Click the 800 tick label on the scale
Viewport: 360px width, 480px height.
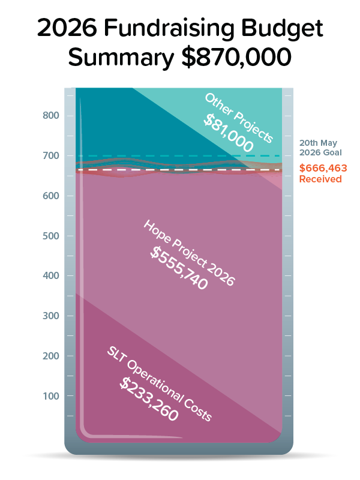coord(52,116)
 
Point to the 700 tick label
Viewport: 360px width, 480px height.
coord(52,156)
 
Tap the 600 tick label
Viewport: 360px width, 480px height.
coord(52,196)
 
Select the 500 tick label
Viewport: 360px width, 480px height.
coord(52,236)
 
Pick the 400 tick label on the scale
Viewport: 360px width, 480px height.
coord(52,276)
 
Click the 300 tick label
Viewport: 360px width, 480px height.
coord(52,316)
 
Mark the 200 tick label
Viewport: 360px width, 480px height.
coord(52,356)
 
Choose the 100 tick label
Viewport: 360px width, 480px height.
coord(52,396)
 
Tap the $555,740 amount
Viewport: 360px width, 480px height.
coord(179,268)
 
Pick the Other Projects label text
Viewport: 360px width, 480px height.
coord(238,118)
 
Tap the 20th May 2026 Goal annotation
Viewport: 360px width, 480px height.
coord(320,148)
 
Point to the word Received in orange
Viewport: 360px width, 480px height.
coord(320,179)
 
